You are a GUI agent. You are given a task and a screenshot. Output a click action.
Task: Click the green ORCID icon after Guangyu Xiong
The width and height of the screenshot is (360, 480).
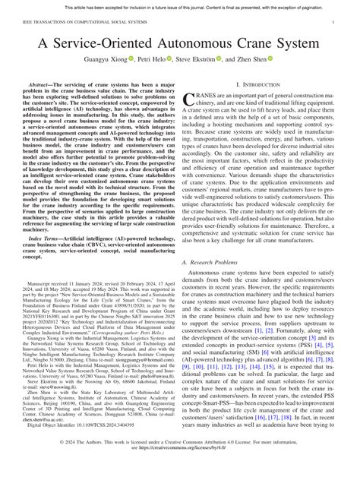[x=132, y=59]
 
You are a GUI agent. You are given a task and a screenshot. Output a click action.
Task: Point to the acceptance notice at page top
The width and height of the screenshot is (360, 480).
[x=180, y=6]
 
